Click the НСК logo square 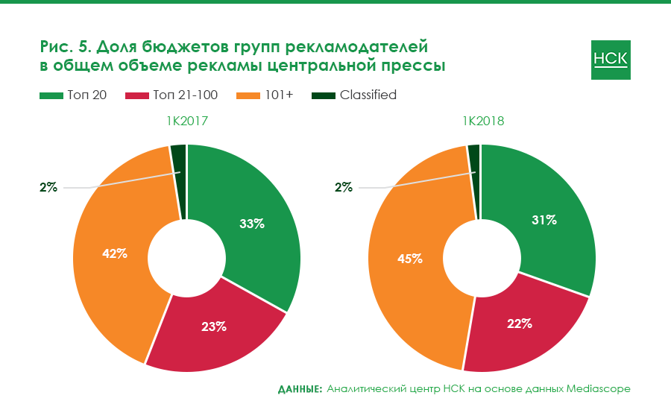[611, 60]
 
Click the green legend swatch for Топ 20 [51, 95]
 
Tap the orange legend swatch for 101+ [248, 95]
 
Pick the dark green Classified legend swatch [324, 95]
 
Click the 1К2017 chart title [186, 120]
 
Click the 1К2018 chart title [482, 120]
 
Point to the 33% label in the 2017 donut [252, 224]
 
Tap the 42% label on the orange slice [115, 253]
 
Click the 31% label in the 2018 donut [544, 220]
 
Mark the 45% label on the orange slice [410, 259]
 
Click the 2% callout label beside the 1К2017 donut [48, 188]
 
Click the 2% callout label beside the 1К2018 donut [344, 188]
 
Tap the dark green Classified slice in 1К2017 [179, 179]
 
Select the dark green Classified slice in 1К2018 [473, 179]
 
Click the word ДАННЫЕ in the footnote [300, 389]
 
